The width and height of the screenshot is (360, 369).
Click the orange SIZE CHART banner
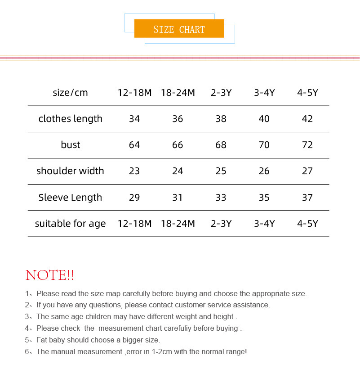179,29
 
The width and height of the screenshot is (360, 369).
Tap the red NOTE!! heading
50,275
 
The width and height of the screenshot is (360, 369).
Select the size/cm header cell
70,93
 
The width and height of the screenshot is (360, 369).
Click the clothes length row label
70,119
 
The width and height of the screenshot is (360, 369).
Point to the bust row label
70,145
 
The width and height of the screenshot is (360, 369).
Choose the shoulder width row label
70,171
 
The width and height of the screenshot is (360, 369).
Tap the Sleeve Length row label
70,198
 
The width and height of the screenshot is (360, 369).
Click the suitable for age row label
70,224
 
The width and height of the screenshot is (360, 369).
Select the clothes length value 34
134,119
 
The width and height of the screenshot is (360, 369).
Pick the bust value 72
307,145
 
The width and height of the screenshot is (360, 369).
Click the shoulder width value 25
221,171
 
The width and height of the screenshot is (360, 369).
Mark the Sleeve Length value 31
178,198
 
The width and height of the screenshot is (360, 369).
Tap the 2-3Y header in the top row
221,93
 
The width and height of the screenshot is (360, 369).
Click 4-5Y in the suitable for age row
307,224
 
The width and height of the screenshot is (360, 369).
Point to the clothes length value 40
264,119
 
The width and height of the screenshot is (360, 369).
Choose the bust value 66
178,145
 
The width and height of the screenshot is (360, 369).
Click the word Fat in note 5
42,340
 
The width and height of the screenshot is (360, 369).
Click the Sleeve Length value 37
307,198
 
